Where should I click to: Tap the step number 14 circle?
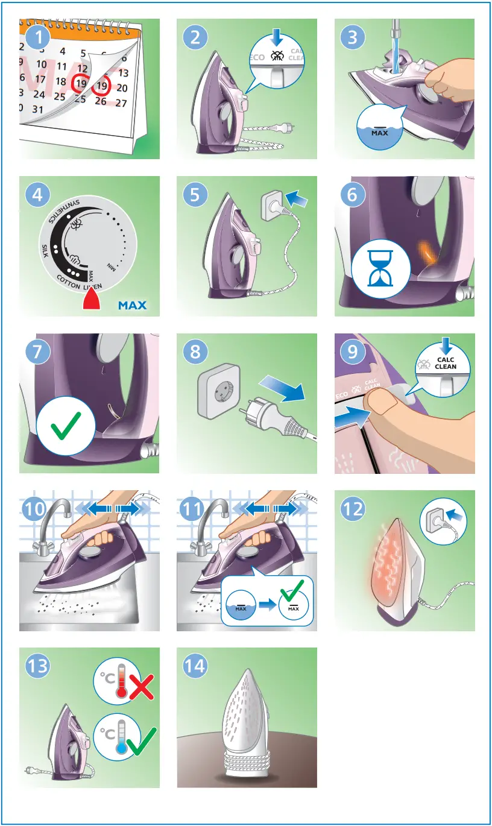point(197,666)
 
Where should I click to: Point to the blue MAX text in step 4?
point(132,305)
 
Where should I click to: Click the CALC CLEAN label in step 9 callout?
point(446,364)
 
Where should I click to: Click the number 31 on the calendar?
point(38,109)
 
